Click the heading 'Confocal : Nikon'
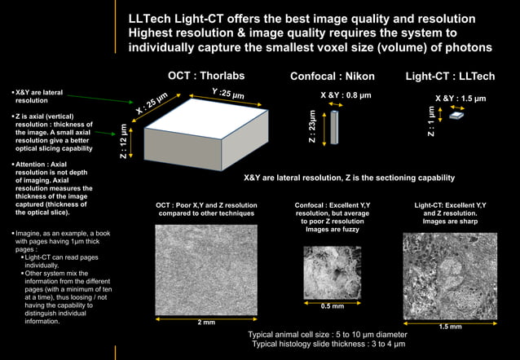point(333,77)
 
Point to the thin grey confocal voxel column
point(333,127)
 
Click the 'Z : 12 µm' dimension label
point(123,140)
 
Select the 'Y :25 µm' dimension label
point(227,94)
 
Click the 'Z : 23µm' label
point(312,127)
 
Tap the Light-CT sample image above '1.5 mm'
point(450,276)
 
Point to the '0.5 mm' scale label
point(332,306)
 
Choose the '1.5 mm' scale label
point(450,327)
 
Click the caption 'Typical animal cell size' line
point(328,335)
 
